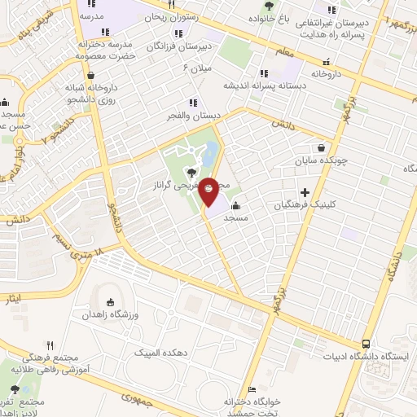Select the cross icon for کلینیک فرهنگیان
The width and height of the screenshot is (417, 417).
[x=305, y=192]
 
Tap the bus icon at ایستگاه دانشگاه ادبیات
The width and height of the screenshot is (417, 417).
[x=367, y=344]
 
